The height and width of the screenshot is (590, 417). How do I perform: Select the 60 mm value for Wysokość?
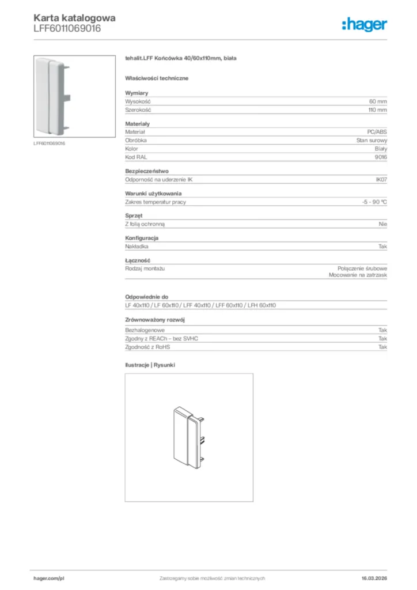click(378, 101)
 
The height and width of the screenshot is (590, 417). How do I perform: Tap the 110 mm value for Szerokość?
click(378, 109)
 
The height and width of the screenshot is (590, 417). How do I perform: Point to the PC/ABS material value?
click(377, 132)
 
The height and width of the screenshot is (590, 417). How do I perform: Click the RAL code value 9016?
click(381, 157)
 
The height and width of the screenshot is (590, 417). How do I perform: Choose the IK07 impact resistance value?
click(381, 180)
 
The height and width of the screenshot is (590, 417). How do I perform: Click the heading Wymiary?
click(137, 93)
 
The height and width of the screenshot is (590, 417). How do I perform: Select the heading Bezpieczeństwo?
click(146, 171)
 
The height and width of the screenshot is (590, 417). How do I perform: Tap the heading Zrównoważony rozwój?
click(155, 319)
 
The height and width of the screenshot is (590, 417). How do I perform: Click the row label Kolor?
click(132, 149)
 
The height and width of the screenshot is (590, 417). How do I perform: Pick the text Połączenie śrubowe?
click(362, 268)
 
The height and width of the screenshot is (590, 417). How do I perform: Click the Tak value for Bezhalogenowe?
click(382, 330)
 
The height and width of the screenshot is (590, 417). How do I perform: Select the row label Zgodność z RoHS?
click(148, 347)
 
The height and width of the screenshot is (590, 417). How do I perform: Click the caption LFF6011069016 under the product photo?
click(50, 143)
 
